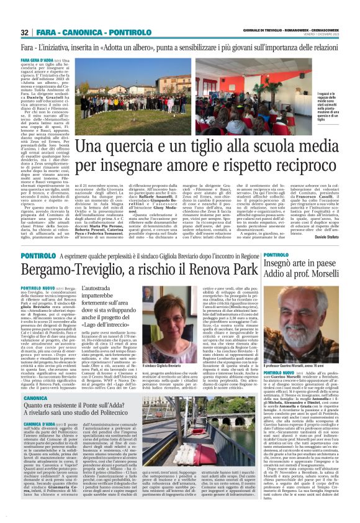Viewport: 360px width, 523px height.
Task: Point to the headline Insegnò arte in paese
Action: (314, 268)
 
